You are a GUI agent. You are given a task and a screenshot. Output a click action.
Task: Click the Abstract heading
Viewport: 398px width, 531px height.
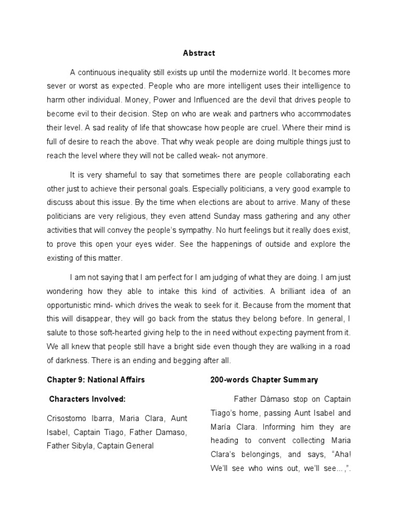pyautogui.click(x=199, y=53)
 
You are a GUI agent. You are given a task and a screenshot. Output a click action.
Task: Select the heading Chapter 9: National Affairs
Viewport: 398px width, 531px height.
pyautogui.click(x=96, y=380)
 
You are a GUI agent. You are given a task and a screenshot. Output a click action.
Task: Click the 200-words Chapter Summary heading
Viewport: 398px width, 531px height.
pyautogui.click(x=264, y=380)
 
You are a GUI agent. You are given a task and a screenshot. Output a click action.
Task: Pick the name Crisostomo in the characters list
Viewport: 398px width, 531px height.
pyautogui.click(x=68, y=418)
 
